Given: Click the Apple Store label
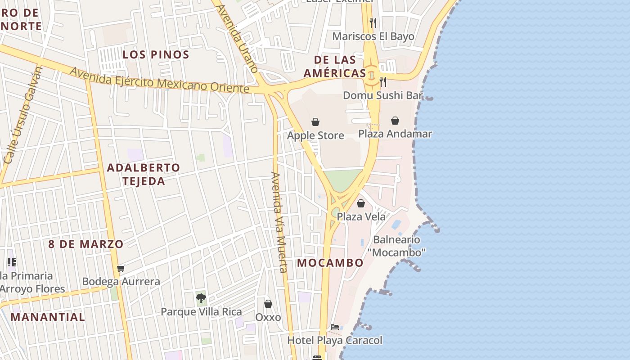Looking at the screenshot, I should point(315,135).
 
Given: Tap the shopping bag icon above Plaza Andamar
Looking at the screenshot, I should point(395,121).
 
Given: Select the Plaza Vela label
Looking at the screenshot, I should point(361,216).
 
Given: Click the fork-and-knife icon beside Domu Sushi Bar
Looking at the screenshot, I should point(383,81).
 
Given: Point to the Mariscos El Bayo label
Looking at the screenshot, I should point(373,36).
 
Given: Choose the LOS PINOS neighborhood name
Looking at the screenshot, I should point(156,55).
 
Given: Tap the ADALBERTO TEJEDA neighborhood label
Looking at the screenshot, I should point(143,174).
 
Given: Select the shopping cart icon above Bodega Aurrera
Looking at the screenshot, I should point(121,269).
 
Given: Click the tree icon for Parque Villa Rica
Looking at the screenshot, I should point(201,298).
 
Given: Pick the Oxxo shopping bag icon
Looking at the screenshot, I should point(268,304).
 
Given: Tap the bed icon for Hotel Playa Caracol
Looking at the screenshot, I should point(334,327).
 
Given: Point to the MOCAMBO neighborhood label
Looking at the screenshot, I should point(330,263).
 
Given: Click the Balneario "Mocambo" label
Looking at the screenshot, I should point(396,246).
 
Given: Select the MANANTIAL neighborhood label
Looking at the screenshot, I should point(48,317).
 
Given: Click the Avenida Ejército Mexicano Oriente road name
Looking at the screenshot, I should point(159,81).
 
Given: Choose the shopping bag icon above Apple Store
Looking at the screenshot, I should point(315,122).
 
